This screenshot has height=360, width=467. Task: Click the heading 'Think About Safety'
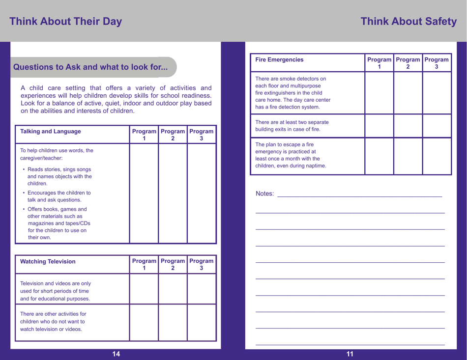tap(409, 22)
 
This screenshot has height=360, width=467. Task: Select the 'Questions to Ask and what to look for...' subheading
tap(90, 67)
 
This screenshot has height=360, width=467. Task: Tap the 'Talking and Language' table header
tap(51, 131)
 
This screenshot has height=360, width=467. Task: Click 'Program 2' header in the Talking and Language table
tap(173, 135)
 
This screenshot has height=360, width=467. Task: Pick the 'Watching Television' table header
tap(48, 261)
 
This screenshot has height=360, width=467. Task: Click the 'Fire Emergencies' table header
tap(280, 60)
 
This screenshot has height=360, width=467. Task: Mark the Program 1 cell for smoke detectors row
tap(379, 93)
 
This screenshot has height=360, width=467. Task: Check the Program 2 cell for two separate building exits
tap(408, 126)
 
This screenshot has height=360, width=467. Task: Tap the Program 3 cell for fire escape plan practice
tap(437, 156)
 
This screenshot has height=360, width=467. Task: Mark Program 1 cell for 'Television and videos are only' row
tap(144, 289)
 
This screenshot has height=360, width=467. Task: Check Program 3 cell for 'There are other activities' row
tap(202, 322)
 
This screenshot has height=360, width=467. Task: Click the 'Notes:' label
tap(265, 194)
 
